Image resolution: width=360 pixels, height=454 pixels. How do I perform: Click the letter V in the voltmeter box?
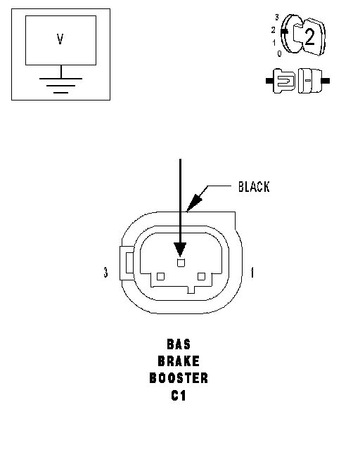(60, 39)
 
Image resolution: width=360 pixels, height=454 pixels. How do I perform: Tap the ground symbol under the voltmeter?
(61, 86)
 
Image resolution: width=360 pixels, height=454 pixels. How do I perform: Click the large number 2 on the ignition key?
(309, 37)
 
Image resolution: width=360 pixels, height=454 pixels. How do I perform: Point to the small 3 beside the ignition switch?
(277, 18)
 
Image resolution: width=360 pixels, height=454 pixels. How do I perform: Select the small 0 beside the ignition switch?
(279, 53)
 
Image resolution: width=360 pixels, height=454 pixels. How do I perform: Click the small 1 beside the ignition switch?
(274, 43)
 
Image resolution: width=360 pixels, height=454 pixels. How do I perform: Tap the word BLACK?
(254, 187)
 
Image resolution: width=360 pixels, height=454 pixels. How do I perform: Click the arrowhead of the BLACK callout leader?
(193, 202)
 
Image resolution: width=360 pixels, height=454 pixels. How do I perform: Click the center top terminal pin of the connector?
(181, 263)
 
